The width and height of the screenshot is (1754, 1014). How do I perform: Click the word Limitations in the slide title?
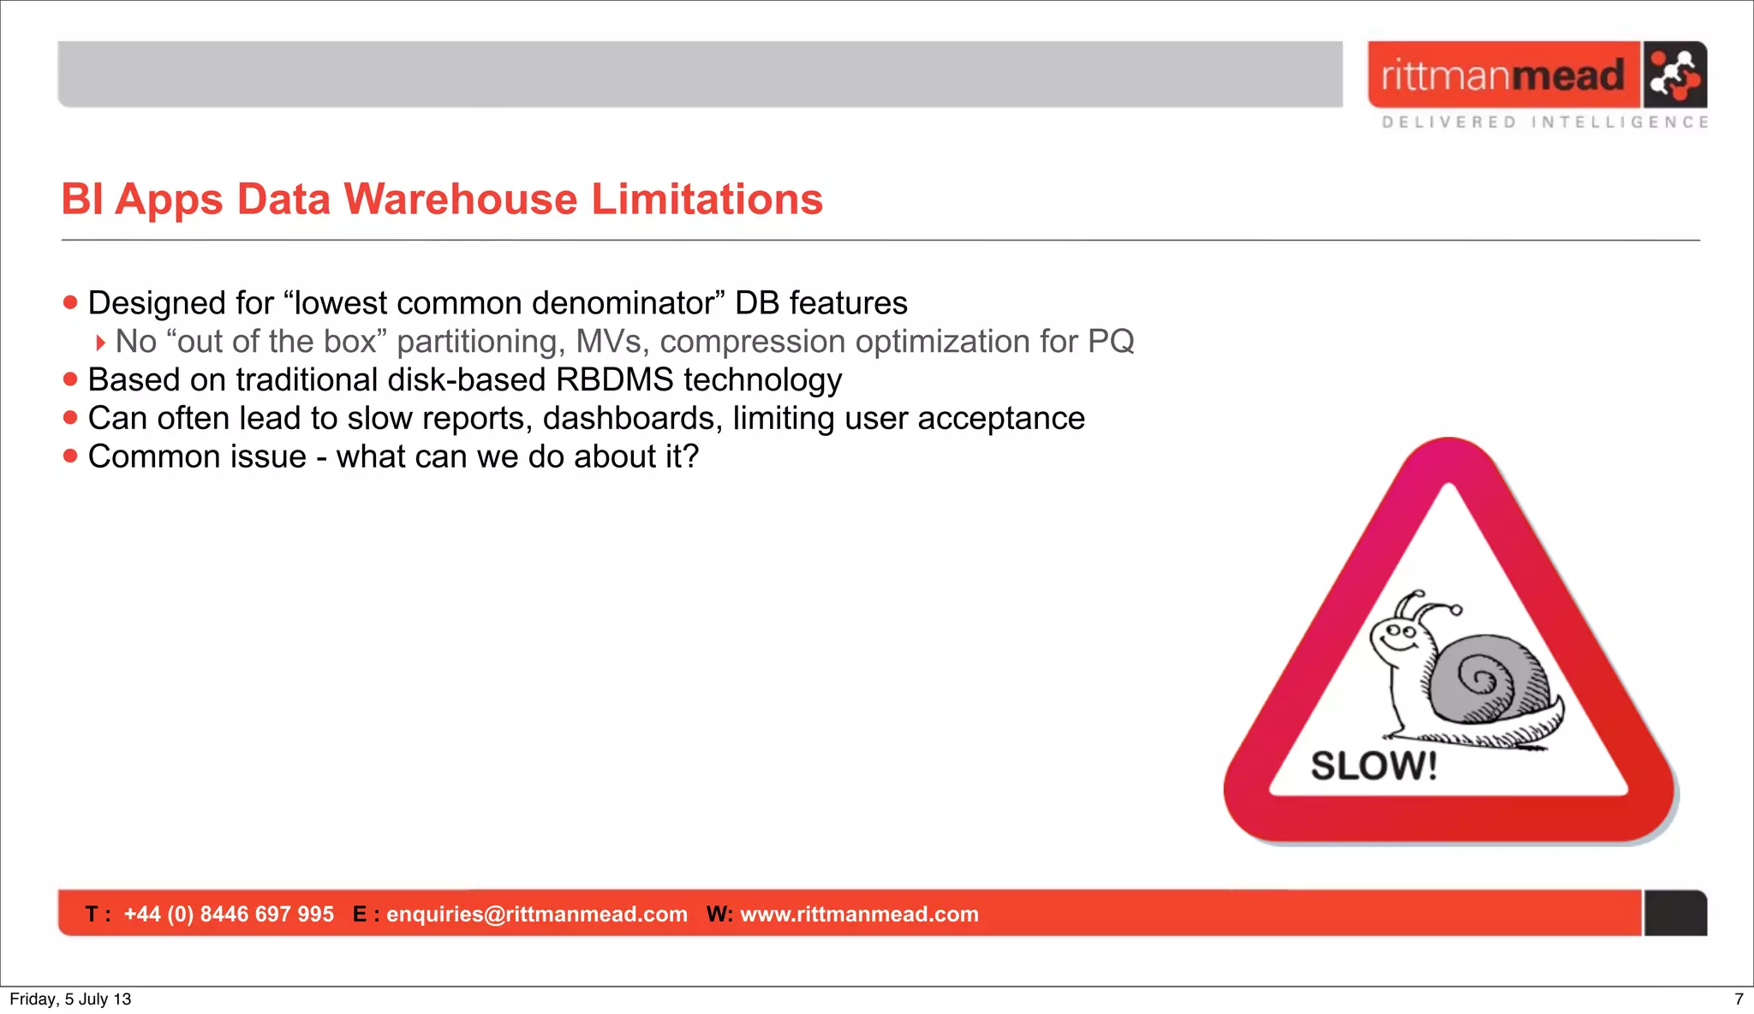707,199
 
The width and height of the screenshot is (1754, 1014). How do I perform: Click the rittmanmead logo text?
1502,75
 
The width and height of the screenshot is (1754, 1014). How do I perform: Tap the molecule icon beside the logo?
1674,75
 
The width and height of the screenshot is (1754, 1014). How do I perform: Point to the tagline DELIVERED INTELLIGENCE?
1545,122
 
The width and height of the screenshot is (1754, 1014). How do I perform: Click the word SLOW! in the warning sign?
1374,766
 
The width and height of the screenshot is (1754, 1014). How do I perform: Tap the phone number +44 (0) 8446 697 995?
229,914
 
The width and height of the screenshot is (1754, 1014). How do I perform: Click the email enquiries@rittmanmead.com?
537,914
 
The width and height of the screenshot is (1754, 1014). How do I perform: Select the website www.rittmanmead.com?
859,914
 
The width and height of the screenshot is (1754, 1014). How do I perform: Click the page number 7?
1739,999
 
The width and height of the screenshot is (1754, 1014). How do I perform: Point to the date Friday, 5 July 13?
70,999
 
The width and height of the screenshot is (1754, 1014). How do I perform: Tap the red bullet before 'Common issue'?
70,456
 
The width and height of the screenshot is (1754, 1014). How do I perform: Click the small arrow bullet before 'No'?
100,343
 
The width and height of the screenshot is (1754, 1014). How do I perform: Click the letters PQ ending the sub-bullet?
1111,341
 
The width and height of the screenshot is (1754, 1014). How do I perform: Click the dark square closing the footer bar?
1675,913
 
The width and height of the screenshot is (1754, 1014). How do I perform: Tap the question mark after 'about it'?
690,456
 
